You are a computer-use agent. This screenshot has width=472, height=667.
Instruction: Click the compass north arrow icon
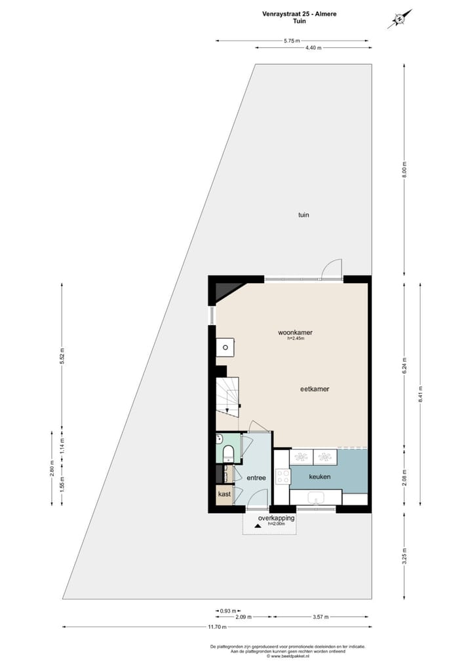pyautogui.click(x=399, y=19)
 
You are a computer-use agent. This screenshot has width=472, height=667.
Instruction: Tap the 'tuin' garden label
pyautogui.click(x=303, y=214)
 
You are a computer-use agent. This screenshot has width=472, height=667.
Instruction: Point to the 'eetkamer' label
pyautogui.click(x=314, y=389)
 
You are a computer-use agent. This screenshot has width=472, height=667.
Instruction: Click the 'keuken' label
pyautogui.click(x=319, y=477)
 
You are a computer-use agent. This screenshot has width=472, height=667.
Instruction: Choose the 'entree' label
pyautogui.click(x=256, y=478)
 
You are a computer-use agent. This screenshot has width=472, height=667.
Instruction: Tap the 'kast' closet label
pyautogui.click(x=224, y=495)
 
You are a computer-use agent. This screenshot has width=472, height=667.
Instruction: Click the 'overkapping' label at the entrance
pyautogui.click(x=276, y=518)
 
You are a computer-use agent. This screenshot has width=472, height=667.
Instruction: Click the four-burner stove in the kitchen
pyautogui.click(x=283, y=476)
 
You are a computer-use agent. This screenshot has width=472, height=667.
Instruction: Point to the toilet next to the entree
pyautogui.click(x=228, y=453)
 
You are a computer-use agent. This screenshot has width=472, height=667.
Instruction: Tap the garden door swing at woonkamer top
pyautogui.click(x=333, y=269)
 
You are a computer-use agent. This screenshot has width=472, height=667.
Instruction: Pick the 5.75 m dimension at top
pyautogui.click(x=292, y=41)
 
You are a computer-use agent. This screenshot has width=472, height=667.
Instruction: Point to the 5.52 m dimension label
pyautogui.click(x=62, y=356)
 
